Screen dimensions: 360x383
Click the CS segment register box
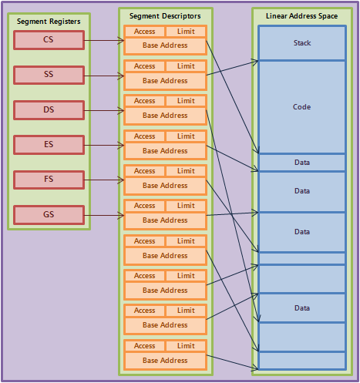[x=49, y=40]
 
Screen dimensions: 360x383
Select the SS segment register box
[x=49, y=75]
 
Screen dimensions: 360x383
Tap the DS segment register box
[x=49, y=110]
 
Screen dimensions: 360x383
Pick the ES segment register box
[x=49, y=145]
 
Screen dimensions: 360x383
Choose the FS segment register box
[x=49, y=180]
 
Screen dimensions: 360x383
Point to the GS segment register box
[x=49, y=215]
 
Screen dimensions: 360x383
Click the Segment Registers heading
[x=49, y=22]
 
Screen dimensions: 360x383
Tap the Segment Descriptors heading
[x=165, y=16]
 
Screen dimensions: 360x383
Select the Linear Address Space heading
[x=301, y=16]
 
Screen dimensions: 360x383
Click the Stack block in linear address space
[x=302, y=43]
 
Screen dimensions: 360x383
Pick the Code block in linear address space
[x=302, y=107]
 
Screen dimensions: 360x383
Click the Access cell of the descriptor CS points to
[x=144, y=32]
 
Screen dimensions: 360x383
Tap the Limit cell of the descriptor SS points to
[x=186, y=66]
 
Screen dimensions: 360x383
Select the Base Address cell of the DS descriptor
[x=165, y=116]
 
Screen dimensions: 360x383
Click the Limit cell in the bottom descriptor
[x=186, y=346]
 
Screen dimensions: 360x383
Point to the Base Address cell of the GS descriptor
[x=165, y=220]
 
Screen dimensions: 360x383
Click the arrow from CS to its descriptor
[x=104, y=40]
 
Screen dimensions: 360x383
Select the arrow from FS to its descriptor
[x=104, y=180]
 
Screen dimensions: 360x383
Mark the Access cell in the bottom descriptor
[x=144, y=346]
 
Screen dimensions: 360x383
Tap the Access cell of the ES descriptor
[x=144, y=136]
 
